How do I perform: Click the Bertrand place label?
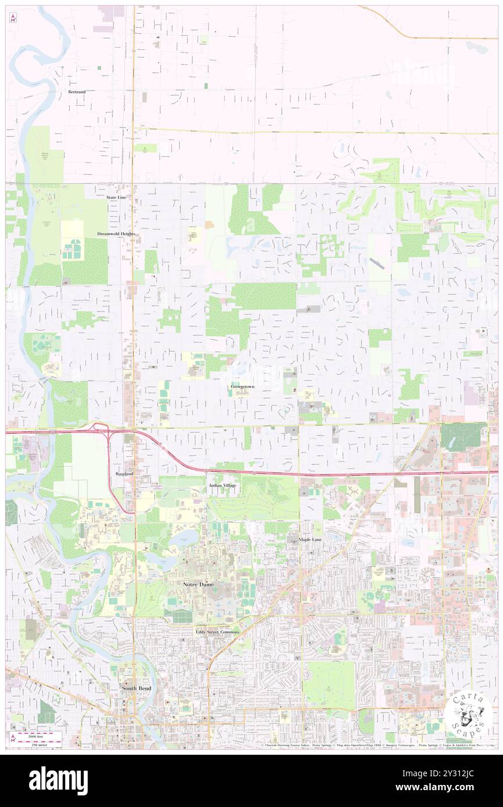pyautogui.click(x=77, y=92)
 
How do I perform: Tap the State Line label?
pyautogui.click(x=116, y=197)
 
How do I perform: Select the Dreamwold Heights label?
pyautogui.click(x=116, y=233)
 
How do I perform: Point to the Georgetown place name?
pyautogui.click(x=242, y=386)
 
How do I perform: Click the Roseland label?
pyautogui.click(x=124, y=474)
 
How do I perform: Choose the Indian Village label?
pyautogui.click(x=222, y=485)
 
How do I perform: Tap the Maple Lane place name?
pyautogui.click(x=310, y=539)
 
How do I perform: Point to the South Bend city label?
pyautogui.click(x=136, y=688)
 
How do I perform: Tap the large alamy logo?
pyautogui.click(x=58, y=780)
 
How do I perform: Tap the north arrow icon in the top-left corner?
pyautogui.click(x=13, y=18)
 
